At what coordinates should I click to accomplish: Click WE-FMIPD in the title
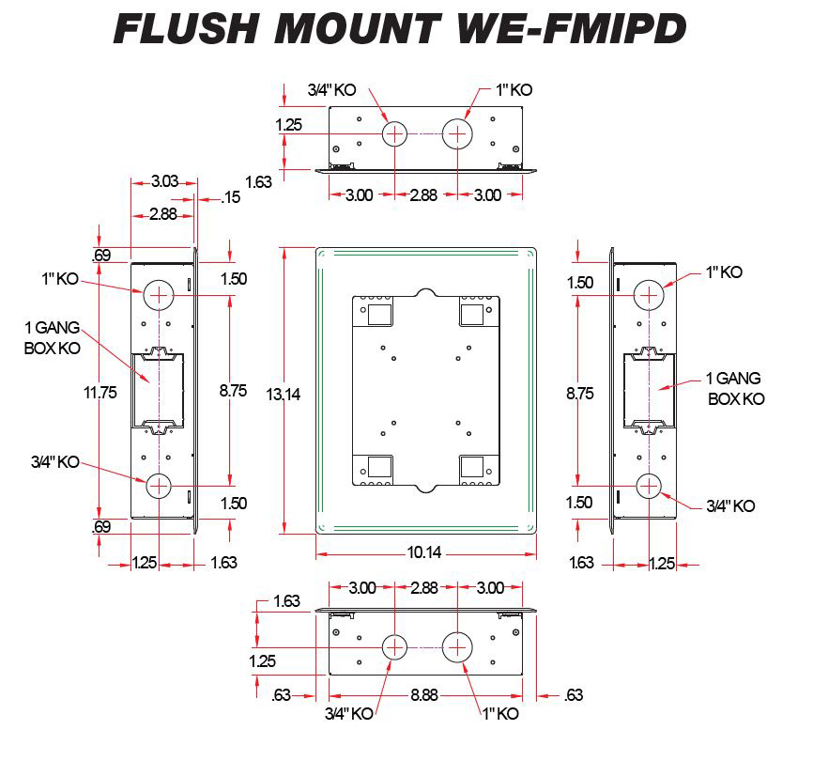click(x=572, y=29)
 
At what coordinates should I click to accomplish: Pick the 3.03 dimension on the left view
click(x=161, y=179)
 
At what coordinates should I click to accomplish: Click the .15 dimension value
click(x=231, y=197)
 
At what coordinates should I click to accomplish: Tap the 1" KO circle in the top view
click(x=458, y=134)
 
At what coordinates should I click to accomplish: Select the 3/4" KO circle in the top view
click(x=395, y=134)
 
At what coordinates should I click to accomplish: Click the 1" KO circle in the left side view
click(x=160, y=294)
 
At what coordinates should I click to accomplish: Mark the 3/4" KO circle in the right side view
click(x=649, y=486)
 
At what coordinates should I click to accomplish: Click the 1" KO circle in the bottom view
click(x=458, y=646)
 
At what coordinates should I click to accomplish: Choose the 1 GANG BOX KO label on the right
click(x=734, y=388)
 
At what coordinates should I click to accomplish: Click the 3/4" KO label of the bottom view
click(x=349, y=713)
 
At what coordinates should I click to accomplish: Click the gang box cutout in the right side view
click(x=650, y=388)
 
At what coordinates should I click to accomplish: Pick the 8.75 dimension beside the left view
click(x=230, y=393)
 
